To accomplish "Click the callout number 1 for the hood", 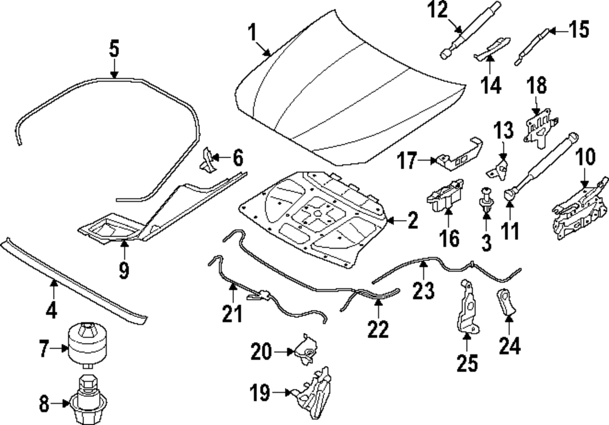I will click(x=252, y=32).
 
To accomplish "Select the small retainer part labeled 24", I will click(x=506, y=302).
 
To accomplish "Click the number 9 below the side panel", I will click(x=124, y=269).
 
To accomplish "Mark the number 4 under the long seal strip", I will click(x=52, y=311).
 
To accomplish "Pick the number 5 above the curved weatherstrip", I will click(x=114, y=48).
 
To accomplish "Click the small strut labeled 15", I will click(x=532, y=46).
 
